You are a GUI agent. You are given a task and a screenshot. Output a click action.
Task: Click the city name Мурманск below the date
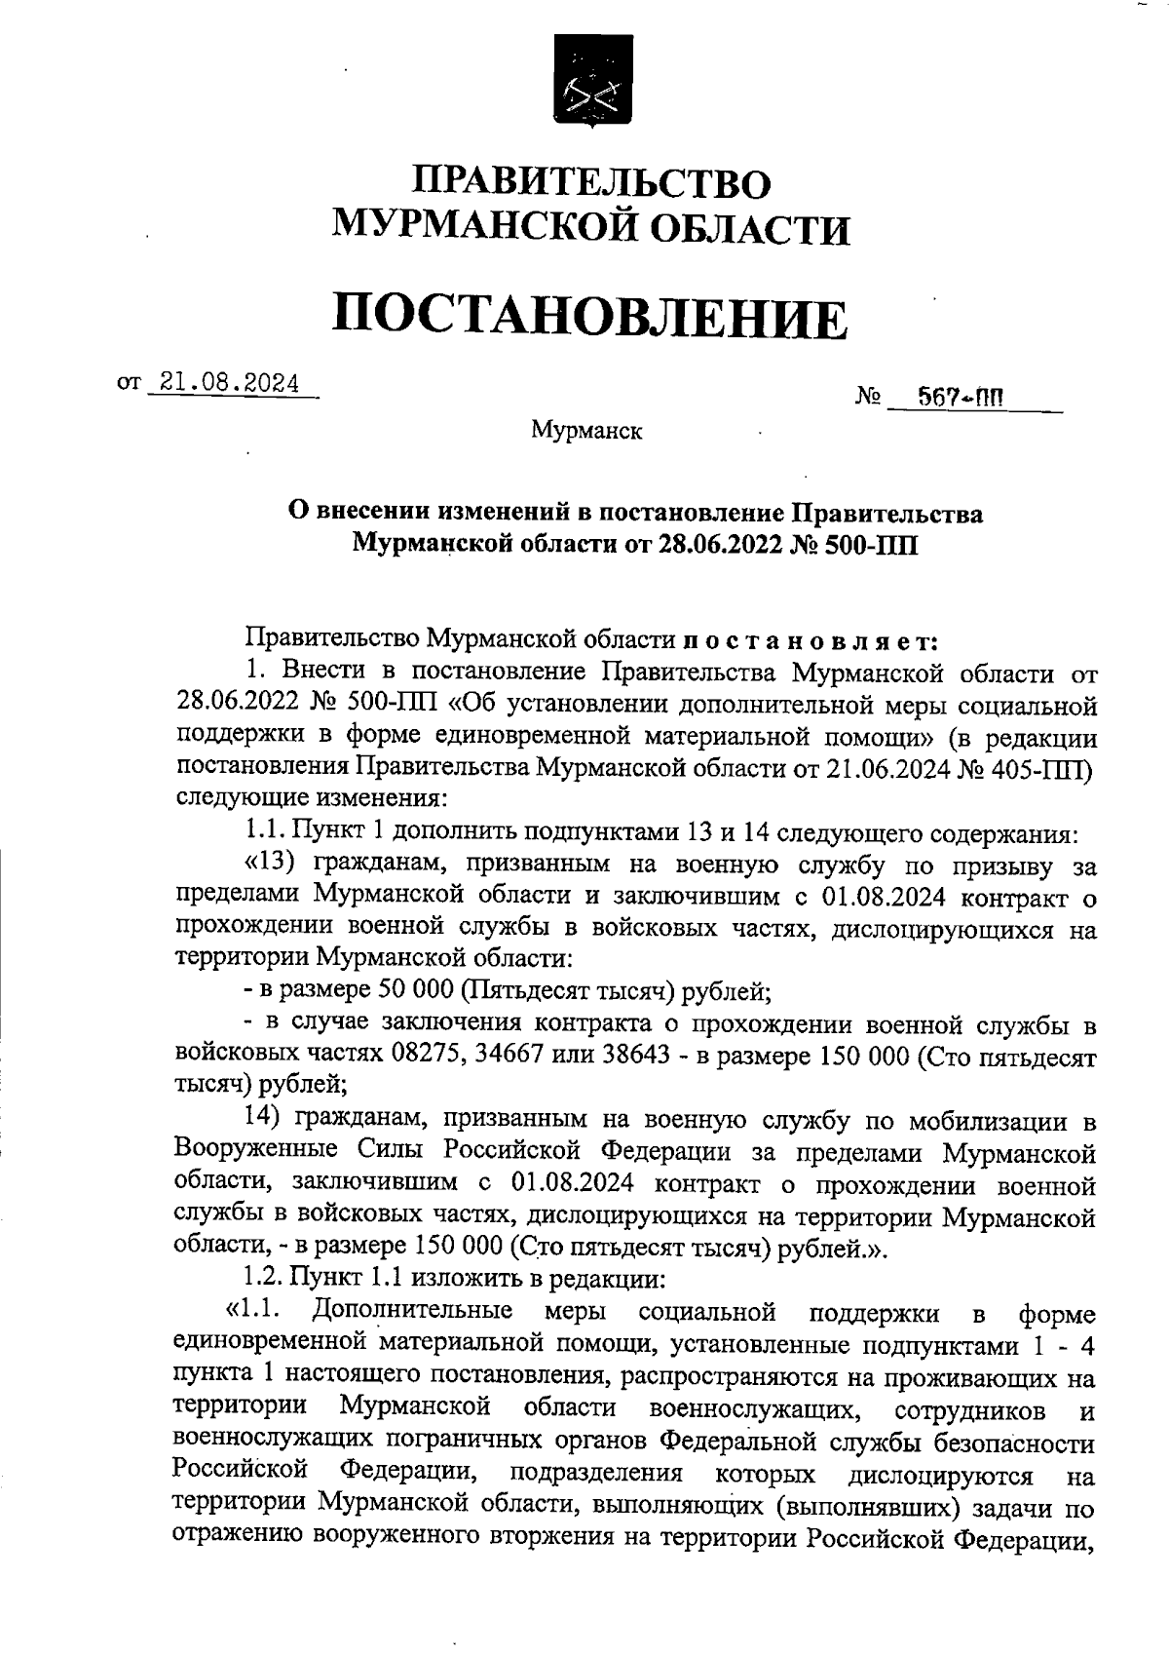(586, 430)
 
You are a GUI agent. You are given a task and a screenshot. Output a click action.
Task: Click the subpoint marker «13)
(275, 863)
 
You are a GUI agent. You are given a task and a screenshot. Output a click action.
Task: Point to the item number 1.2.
(259, 1278)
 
